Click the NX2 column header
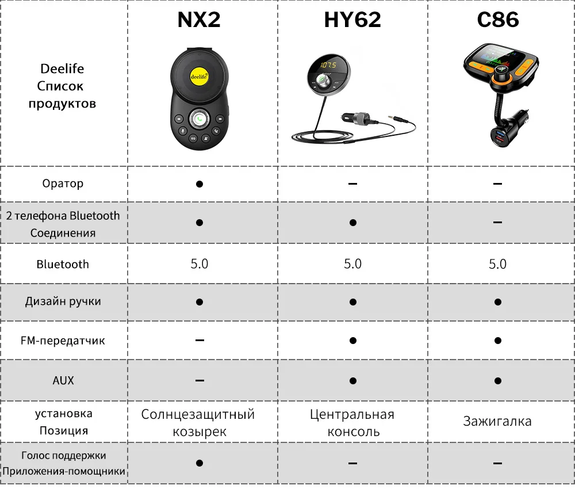point(199,20)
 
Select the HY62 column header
point(352,20)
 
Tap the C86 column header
point(498,20)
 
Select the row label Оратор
point(63,184)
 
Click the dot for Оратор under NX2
point(199,184)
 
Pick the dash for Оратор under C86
point(498,184)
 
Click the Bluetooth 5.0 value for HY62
point(352,264)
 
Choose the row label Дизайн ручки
point(63,301)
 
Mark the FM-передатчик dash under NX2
point(199,341)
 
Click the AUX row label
point(63,380)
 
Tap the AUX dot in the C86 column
point(498,380)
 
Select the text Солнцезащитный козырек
point(199,422)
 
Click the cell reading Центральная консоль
point(352,422)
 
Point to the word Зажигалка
point(498,421)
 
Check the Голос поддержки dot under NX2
point(199,463)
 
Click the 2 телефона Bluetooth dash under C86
point(498,223)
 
